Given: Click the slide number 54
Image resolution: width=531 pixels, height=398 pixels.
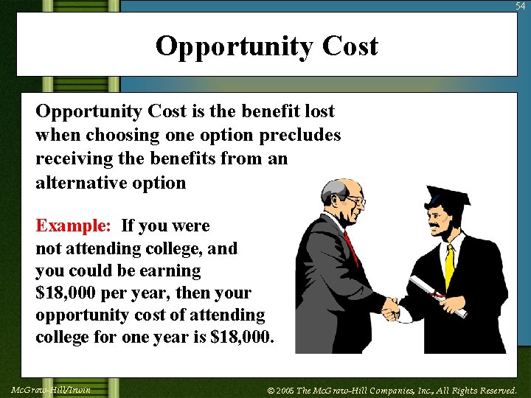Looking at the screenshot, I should pos(521,6).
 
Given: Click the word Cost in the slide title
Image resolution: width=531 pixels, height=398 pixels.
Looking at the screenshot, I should pos(350,46).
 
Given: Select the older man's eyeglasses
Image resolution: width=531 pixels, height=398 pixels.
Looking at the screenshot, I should pos(353,199).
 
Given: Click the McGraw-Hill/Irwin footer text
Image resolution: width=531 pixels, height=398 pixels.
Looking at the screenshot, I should pos(51,389).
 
